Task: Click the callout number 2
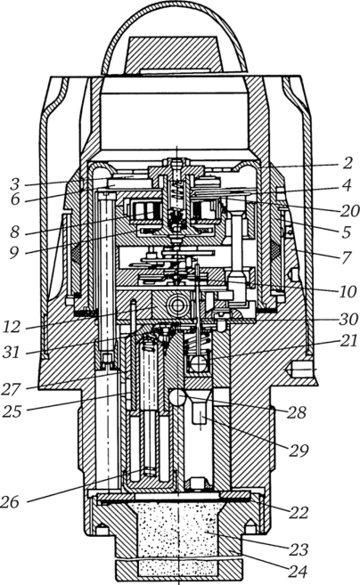point(348,163)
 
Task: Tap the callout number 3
point(15,184)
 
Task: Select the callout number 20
point(350,211)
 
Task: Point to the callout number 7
point(347,257)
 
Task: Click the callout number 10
point(348,291)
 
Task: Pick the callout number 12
point(12,327)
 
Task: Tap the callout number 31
point(12,352)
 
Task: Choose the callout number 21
point(348,341)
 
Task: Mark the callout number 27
point(12,389)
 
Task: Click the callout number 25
point(12,411)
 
